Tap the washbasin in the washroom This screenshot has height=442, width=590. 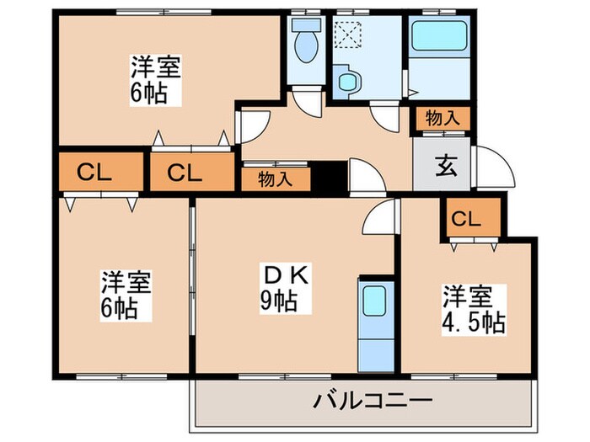point(347,82)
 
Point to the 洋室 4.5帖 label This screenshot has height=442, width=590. point(472,310)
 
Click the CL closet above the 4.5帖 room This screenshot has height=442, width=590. point(465,220)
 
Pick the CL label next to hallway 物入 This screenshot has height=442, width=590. point(184,173)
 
